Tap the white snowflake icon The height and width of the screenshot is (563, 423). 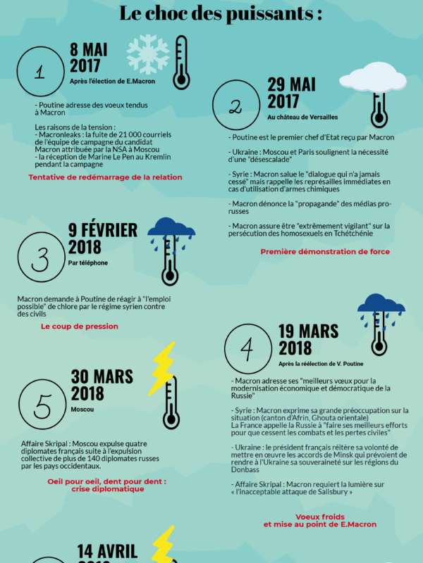click(x=147, y=54)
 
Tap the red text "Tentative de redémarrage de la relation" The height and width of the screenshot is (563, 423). click(x=105, y=177)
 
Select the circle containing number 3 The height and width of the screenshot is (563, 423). click(x=40, y=260)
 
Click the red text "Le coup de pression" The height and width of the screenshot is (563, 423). click(x=80, y=327)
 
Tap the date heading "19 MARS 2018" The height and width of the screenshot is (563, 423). click(x=308, y=339)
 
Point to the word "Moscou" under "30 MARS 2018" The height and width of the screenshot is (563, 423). click(x=82, y=409)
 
